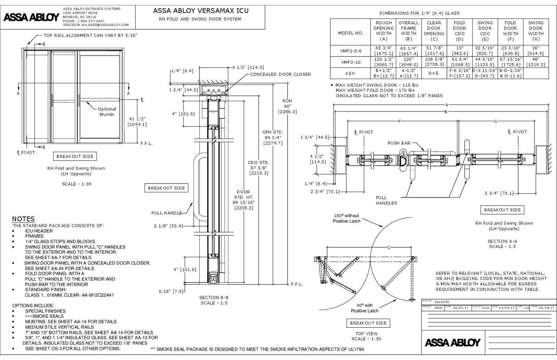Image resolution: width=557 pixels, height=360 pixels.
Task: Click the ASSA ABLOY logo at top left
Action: [31, 17]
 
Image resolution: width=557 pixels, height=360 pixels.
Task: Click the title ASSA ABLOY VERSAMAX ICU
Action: [201, 11]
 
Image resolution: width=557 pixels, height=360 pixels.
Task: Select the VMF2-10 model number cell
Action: [351, 62]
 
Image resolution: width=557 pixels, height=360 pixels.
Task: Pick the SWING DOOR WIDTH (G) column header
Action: [535, 31]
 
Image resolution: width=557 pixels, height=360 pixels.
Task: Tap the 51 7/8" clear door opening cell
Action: [434, 51]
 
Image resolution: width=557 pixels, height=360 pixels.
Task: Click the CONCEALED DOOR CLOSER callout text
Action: [280, 74]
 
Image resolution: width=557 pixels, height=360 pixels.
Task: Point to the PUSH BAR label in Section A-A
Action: [399, 143]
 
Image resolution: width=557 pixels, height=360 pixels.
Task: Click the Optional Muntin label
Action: [107, 112]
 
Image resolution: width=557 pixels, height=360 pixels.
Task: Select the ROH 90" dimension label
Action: [287, 106]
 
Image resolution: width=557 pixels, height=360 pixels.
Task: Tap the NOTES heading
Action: [23, 219]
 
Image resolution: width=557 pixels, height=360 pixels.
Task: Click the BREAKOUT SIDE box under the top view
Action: [368, 323]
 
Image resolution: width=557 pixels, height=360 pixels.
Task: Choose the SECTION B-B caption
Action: [214, 300]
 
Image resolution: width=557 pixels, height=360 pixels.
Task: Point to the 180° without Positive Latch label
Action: [346, 218]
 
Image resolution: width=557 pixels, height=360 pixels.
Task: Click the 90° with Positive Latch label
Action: [364, 308]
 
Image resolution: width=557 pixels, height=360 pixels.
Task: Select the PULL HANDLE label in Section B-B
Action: [166, 213]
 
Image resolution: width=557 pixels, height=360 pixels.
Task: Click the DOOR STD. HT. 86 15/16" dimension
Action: [243, 200]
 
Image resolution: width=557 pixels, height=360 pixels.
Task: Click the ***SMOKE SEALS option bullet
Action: [44, 316]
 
